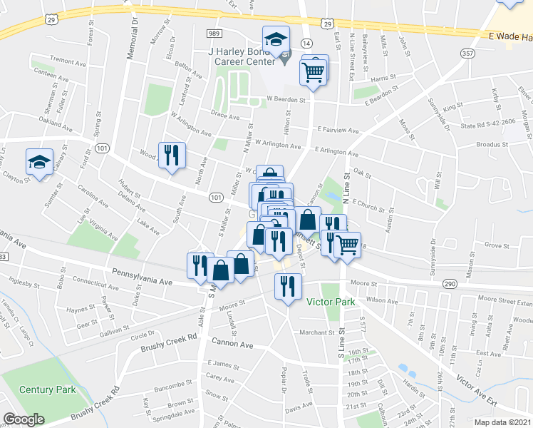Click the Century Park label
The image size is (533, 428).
[x=48, y=390]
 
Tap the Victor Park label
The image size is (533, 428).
[x=331, y=302]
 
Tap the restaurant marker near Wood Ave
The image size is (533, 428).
[x=171, y=156]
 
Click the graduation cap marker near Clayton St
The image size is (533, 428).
[x=39, y=162]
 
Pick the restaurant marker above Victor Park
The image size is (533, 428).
[x=288, y=287]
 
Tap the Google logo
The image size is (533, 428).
[x=24, y=419]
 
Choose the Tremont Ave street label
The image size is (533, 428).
[x=68, y=60]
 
